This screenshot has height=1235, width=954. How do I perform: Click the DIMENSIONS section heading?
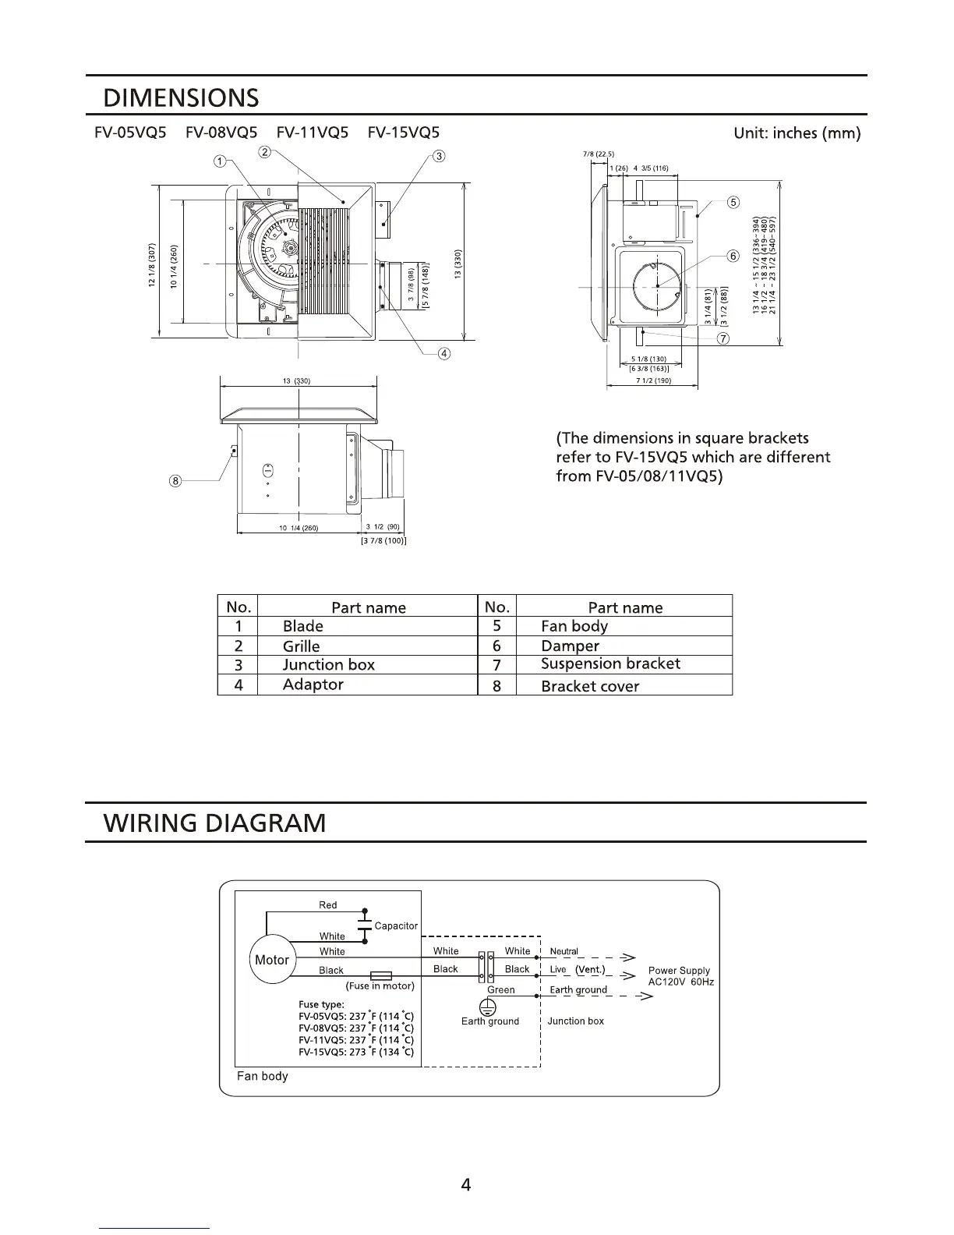(181, 98)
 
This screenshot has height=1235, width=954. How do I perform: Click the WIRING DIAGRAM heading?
(215, 823)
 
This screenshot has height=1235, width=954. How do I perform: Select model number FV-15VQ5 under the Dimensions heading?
(403, 133)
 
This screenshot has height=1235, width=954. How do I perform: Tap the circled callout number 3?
(440, 157)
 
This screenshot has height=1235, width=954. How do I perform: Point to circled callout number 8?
(176, 481)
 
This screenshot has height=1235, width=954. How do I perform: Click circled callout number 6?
(733, 257)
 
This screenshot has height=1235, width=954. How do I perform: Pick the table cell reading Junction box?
(328, 665)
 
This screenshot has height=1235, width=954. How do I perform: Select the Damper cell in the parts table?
(570, 646)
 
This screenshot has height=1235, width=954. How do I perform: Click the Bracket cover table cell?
(589, 686)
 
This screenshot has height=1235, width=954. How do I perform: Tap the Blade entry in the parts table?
(302, 626)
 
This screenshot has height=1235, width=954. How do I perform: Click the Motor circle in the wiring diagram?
(272, 960)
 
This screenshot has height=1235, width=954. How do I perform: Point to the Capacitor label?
(396, 925)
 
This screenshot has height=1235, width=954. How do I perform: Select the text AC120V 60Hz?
(680, 982)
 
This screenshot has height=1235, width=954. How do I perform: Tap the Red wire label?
(328, 905)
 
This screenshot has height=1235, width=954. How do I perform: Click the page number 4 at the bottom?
(466, 1186)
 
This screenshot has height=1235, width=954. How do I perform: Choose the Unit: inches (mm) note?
(797, 133)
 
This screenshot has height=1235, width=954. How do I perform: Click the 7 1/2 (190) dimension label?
(653, 381)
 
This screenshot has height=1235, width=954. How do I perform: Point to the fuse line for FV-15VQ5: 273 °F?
(356, 1052)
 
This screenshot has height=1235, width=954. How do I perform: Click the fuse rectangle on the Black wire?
(381, 975)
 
